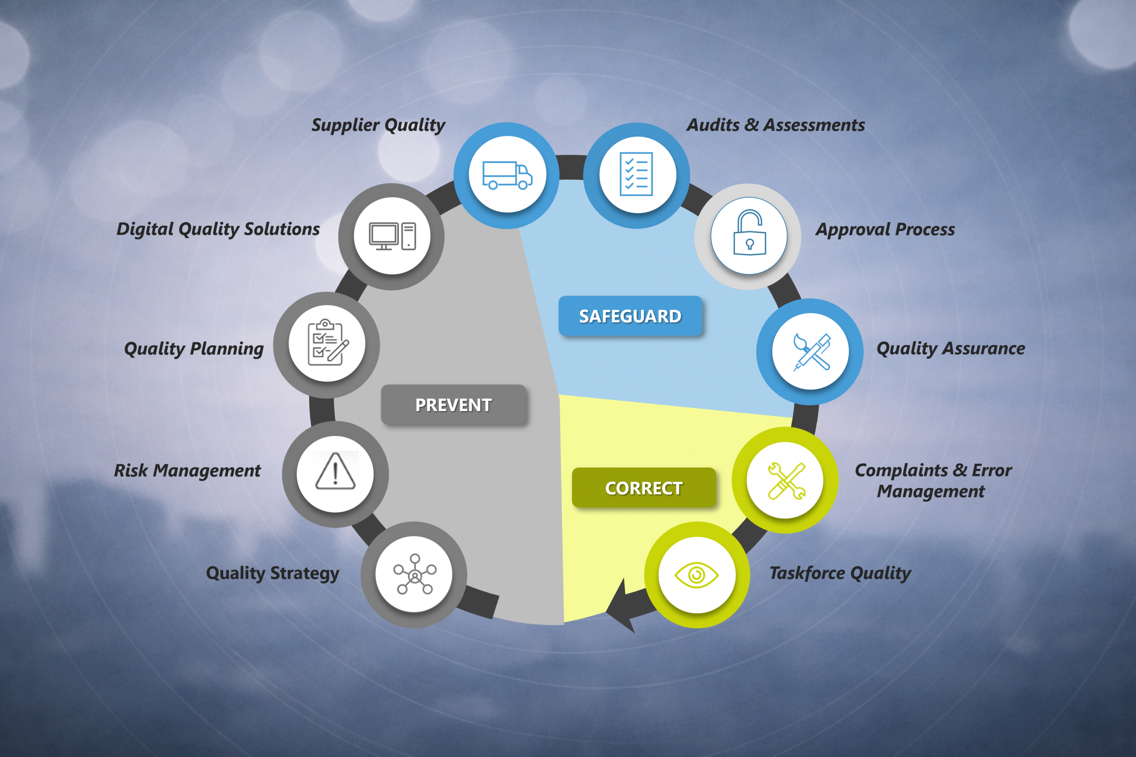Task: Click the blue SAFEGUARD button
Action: (630, 316)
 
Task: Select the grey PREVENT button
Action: (454, 404)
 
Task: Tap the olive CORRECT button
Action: (644, 488)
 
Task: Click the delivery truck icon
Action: (507, 175)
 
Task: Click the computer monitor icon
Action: (392, 236)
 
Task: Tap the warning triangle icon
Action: (335, 471)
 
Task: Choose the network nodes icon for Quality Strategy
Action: (414, 574)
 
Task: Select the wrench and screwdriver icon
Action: (786, 481)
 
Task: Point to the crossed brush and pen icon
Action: (812, 352)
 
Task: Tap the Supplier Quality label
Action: (378, 125)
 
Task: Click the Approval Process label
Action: (885, 229)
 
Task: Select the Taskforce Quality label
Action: (840, 573)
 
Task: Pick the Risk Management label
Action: (187, 471)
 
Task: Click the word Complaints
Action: (901, 471)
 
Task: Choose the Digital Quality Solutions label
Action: (218, 229)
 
